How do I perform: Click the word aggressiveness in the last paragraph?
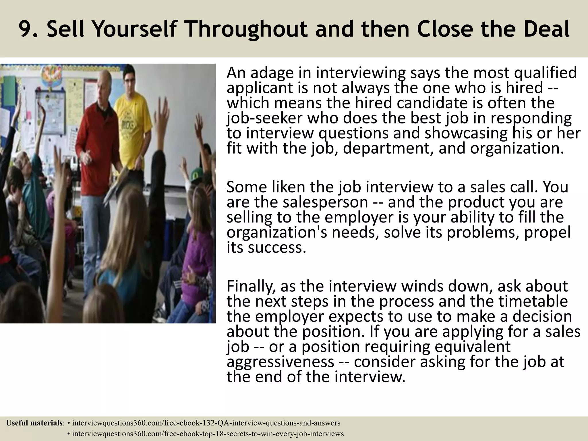(280, 362)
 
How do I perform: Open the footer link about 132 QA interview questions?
(206, 423)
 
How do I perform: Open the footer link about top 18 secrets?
(208, 434)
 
